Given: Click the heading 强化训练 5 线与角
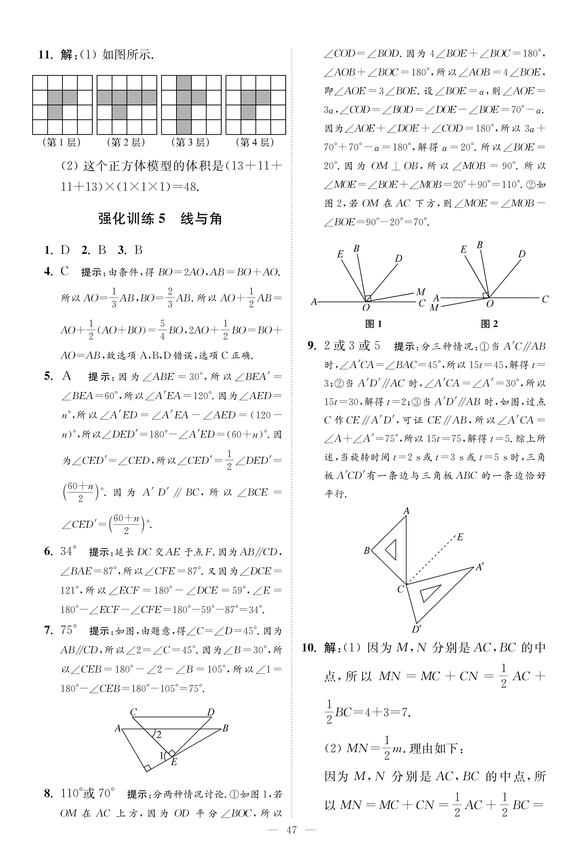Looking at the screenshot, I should pos(160,219).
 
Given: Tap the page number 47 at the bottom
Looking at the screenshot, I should pos(292,840).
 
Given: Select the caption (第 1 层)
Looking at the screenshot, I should pos(62,142).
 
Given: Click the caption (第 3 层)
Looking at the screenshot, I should pos(191,142).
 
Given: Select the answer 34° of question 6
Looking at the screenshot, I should pos(69,551).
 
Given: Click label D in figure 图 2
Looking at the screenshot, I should pos(522,254).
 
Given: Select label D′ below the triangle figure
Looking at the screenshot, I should pos(416,630).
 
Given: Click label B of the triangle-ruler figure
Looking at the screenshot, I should pos(367,551).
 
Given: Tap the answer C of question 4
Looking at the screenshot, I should pos(65,271).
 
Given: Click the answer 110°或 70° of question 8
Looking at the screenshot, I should pos(88,794).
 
